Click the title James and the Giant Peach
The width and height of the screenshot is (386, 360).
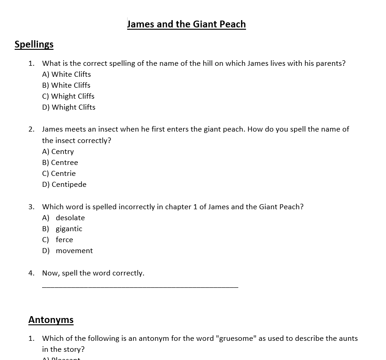click(x=186, y=24)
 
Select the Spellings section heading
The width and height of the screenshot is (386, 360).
click(x=34, y=44)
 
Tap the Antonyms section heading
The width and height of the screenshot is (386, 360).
click(x=51, y=320)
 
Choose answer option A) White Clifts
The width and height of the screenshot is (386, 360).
click(x=66, y=74)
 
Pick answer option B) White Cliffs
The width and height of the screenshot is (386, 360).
click(x=66, y=85)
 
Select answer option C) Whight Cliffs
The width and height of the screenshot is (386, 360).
click(x=68, y=96)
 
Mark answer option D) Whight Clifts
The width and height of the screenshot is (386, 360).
click(x=69, y=107)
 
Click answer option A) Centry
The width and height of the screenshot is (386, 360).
click(x=58, y=152)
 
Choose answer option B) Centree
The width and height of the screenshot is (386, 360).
click(x=60, y=163)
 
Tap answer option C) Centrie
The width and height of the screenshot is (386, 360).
click(x=59, y=174)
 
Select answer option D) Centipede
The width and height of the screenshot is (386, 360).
click(x=64, y=185)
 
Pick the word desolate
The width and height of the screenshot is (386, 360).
click(x=70, y=218)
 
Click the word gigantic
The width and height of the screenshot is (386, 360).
click(x=69, y=229)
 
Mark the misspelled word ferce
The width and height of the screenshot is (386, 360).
click(x=64, y=240)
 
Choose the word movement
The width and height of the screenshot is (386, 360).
click(x=74, y=251)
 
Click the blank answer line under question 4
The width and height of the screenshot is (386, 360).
click(x=140, y=286)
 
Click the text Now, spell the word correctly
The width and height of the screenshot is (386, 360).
click(x=93, y=273)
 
